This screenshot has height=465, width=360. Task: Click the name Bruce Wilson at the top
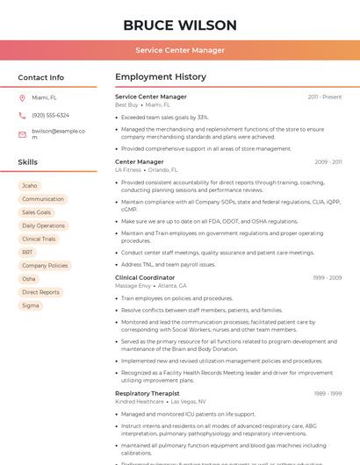click(180, 25)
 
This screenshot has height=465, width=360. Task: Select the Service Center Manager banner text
click(180, 50)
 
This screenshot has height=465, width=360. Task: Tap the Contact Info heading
click(41, 77)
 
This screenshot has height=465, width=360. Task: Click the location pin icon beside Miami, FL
click(22, 97)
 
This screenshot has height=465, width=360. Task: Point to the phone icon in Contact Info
click(22, 115)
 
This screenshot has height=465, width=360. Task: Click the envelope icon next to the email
click(22, 134)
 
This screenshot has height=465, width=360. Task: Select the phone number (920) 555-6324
click(50, 115)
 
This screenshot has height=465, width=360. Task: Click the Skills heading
click(28, 162)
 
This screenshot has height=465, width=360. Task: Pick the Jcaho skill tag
click(30, 186)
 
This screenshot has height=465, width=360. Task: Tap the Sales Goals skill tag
click(37, 212)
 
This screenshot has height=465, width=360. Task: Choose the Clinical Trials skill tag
click(39, 239)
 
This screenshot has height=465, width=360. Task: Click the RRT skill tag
click(28, 252)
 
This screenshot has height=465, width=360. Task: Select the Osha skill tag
click(29, 278)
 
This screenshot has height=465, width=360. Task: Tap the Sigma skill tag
click(31, 305)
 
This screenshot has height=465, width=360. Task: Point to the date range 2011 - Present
click(324, 97)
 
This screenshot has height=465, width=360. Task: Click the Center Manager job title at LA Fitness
click(140, 161)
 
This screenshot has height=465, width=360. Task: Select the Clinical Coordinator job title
click(145, 277)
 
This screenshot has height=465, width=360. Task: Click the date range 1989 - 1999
click(328, 393)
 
